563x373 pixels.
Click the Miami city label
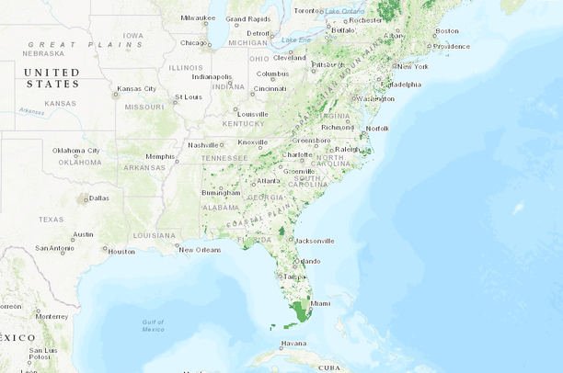click(x=320, y=303)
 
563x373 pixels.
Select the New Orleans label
click(x=200, y=250)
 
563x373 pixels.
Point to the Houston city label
click(x=121, y=251)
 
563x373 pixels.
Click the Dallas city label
click(x=98, y=198)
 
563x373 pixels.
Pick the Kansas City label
click(x=139, y=89)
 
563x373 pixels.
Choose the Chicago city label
click(x=194, y=42)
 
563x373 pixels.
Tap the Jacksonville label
click(x=315, y=241)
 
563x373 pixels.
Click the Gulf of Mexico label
click(x=154, y=324)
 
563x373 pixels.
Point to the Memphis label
click(x=160, y=156)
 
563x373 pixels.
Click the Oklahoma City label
click(x=76, y=150)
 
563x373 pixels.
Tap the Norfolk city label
click(x=377, y=129)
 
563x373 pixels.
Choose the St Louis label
click(x=188, y=96)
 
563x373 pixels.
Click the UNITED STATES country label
click(x=52, y=77)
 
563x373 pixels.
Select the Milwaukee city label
click(x=198, y=17)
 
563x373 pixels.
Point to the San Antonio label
click(x=54, y=248)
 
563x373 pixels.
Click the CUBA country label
click(x=328, y=367)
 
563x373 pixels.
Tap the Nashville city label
click(x=203, y=144)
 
